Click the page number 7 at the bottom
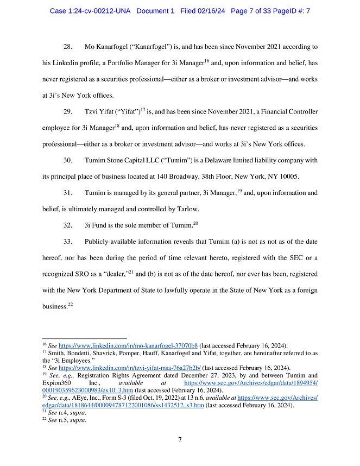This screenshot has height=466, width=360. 180,439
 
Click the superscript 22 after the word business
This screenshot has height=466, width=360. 70,304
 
